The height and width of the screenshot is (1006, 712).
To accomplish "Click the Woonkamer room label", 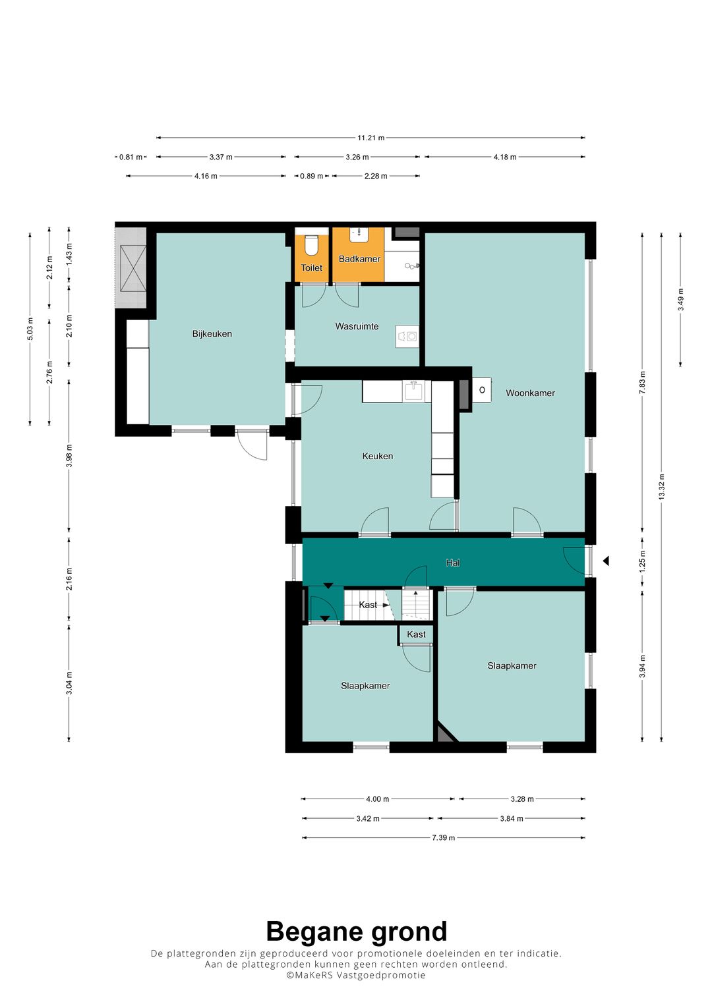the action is point(530,393).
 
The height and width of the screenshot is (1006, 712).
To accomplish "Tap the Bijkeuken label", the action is point(212,334).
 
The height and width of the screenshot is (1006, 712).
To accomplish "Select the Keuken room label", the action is point(378,457).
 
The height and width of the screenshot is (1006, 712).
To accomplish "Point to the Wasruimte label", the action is point(357,327).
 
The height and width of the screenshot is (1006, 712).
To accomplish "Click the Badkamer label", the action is point(359,259).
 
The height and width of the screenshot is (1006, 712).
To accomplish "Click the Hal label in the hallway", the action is point(453,563).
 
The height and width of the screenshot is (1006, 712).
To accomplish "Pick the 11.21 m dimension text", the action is point(371,138).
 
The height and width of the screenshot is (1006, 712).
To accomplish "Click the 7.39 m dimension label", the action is point(443,837).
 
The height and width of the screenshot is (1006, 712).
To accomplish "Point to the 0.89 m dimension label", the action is point(311,176).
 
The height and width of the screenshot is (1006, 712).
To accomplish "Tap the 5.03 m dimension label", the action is point(30,329).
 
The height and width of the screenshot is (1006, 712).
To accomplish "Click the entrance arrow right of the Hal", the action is point(606,561).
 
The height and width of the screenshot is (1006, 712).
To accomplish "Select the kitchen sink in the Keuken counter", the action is point(413,391).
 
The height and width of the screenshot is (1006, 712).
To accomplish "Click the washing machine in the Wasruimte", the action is point(407,337).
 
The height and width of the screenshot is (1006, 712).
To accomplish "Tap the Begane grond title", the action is point(357,932).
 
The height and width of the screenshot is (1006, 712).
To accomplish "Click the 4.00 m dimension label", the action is point(378,799).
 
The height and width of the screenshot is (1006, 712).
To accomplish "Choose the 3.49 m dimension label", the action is point(680,300).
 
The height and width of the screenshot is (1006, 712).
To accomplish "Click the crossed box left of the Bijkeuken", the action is point(133,268).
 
